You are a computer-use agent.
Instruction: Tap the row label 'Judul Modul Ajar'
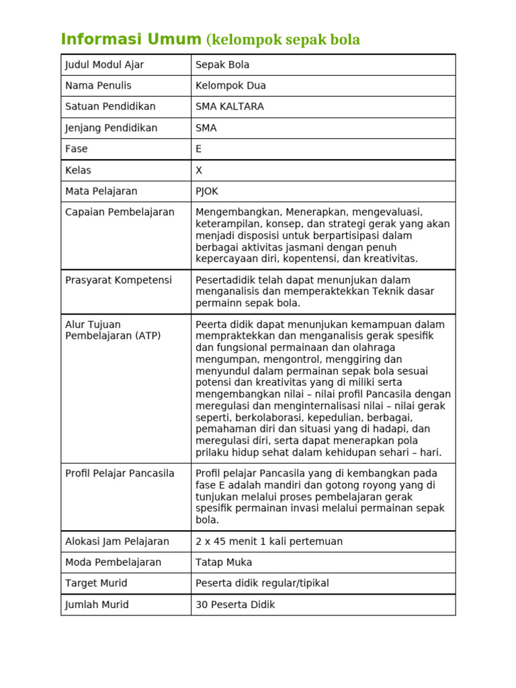(104, 65)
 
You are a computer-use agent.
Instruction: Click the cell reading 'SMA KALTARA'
(229, 107)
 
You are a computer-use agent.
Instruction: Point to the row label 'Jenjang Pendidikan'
(111, 128)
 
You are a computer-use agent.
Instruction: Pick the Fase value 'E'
(198, 149)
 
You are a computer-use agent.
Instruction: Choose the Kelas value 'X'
(199, 171)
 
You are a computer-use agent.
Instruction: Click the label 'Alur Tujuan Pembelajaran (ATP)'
(113, 330)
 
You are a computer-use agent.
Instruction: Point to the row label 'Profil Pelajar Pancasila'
(120, 474)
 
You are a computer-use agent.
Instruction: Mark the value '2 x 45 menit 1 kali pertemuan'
(269, 542)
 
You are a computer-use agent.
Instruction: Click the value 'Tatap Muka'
(224, 562)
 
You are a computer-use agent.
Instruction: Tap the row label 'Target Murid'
(96, 583)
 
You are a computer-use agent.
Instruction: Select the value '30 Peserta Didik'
(235, 605)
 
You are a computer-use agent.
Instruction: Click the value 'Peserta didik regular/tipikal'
(262, 583)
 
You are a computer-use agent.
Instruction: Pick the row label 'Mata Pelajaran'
(101, 191)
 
